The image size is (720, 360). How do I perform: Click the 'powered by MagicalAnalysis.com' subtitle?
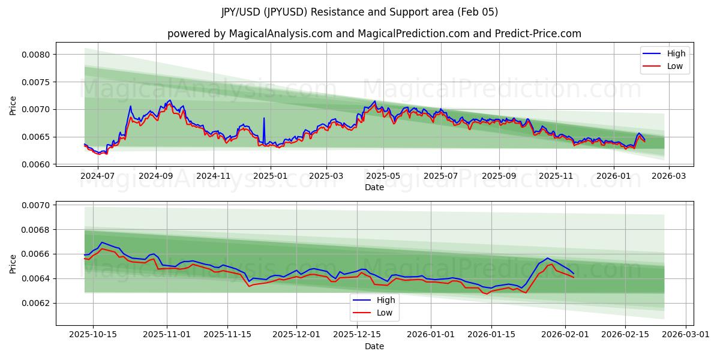[x=374, y=34]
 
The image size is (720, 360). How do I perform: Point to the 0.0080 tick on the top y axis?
[x=37, y=55]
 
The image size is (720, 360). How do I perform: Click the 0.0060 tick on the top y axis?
[x=37, y=164]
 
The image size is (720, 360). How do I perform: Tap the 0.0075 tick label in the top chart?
[x=37, y=82]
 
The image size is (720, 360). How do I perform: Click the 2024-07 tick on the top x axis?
[x=98, y=176]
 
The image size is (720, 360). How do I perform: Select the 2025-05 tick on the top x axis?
[x=383, y=176]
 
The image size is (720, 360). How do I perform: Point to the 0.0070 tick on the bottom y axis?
[x=37, y=205]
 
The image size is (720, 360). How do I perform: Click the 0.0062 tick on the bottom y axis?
[x=37, y=303]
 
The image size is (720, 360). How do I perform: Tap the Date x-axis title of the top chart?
[x=374, y=187]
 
